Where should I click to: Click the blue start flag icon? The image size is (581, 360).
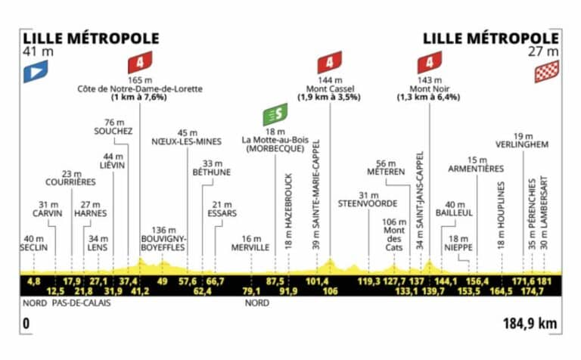click(x=36, y=72)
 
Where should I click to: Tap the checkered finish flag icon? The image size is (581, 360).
click(x=547, y=72)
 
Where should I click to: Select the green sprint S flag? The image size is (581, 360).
click(x=275, y=114)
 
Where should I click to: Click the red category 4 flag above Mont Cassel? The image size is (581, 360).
click(x=330, y=62)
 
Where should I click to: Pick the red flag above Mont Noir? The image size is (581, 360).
click(x=430, y=62)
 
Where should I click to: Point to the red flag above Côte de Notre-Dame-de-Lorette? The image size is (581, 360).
click(x=140, y=62)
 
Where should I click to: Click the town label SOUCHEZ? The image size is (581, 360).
click(x=113, y=131)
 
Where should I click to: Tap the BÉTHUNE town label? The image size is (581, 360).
click(x=212, y=172)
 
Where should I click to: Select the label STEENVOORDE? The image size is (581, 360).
click(x=368, y=203)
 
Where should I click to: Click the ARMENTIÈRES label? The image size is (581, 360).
click(x=476, y=169)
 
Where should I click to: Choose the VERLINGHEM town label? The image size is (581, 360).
click(x=522, y=144)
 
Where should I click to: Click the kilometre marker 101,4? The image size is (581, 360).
click(x=317, y=281)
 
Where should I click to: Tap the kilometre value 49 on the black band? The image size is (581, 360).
click(x=162, y=281)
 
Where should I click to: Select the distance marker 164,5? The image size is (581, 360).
click(x=501, y=291)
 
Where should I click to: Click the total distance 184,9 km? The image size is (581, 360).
click(x=530, y=324)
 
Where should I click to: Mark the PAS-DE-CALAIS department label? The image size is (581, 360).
click(x=81, y=303)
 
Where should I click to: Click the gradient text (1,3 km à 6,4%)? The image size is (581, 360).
click(x=429, y=98)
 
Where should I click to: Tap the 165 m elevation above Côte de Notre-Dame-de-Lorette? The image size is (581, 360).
click(x=140, y=80)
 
